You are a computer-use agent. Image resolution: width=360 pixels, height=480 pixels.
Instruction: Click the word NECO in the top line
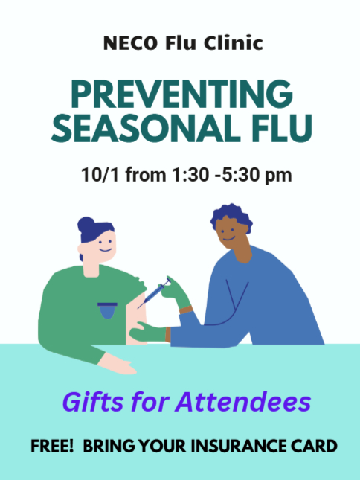(131, 43)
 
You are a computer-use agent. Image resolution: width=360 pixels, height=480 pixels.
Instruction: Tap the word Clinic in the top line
(234, 42)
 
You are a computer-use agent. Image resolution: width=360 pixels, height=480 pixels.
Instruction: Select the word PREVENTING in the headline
(181, 94)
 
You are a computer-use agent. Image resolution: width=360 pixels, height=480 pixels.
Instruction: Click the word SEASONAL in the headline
(146, 128)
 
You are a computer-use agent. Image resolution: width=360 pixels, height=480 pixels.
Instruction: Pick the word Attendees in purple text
(243, 402)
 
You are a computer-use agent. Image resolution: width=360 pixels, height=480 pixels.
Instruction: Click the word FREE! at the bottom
(52, 446)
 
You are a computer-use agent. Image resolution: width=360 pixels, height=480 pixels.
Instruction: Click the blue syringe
(154, 294)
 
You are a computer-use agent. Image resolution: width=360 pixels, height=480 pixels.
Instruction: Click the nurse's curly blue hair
(231, 216)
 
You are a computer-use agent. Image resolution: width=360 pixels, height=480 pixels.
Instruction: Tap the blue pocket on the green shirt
(107, 310)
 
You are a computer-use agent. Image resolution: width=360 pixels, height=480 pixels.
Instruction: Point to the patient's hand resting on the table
(118, 365)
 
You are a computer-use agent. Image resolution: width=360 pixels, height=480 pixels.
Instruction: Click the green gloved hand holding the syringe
(176, 292)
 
